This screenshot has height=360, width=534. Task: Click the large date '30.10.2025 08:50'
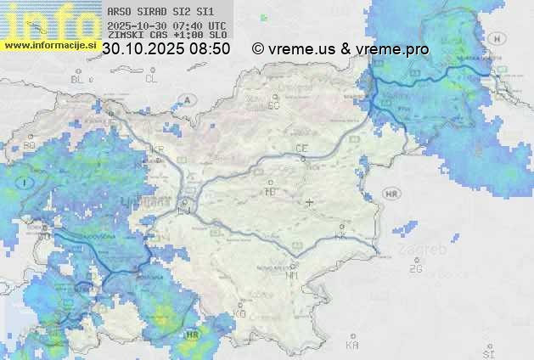click(x=166, y=49)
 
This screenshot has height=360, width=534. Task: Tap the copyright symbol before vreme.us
click(x=258, y=49)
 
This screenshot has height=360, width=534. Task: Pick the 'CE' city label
click(x=301, y=149)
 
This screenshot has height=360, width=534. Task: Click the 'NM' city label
click(x=293, y=275)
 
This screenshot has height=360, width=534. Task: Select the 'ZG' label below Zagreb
click(x=415, y=269)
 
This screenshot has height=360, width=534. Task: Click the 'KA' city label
click(x=352, y=346)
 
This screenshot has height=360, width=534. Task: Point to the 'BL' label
click(x=78, y=79)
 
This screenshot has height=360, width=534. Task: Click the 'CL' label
click(x=151, y=79)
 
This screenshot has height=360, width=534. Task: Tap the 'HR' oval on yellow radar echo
click(x=192, y=335)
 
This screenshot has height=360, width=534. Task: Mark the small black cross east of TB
click(x=310, y=202)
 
